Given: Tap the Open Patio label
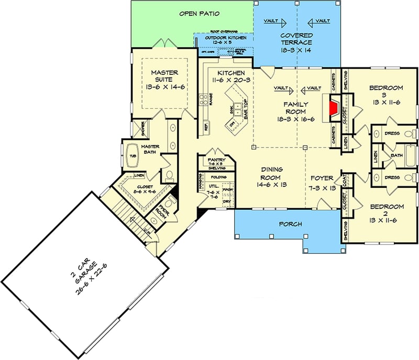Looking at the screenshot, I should [199, 13].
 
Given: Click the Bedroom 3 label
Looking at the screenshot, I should [386, 88].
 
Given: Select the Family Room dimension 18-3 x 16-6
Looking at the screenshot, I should [296, 119].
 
